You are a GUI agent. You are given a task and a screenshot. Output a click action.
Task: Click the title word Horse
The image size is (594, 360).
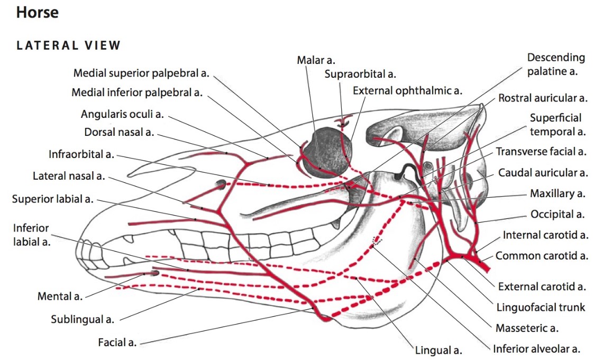tap(37, 13)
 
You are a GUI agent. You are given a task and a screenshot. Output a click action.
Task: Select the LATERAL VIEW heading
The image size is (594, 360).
tap(69, 45)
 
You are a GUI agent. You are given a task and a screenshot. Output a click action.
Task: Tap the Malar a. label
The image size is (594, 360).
tap(316, 61)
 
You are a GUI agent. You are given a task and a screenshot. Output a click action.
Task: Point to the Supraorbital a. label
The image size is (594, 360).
tap(360, 75)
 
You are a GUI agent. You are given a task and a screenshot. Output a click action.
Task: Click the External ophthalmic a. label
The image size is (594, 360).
tap(407, 90)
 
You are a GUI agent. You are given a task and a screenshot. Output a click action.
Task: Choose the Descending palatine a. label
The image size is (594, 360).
tap(556, 64)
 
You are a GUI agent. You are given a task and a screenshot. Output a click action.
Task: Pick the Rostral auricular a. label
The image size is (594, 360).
tap(543, 98)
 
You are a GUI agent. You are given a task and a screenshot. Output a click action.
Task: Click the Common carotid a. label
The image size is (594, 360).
tap(542, 256)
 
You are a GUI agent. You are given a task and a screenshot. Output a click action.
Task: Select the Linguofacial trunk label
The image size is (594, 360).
tap(541, 307)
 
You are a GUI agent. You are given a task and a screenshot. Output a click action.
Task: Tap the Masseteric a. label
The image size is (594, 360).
tap(527, 328)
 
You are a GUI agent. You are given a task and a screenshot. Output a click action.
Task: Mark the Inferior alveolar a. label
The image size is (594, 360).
tap(536, 349)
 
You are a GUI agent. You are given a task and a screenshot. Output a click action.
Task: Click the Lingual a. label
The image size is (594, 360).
tap(438, 350)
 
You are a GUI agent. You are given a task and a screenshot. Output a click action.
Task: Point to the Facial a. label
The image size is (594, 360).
tap(117, 343)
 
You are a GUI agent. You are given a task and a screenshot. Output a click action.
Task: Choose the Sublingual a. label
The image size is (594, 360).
tap(83, 319)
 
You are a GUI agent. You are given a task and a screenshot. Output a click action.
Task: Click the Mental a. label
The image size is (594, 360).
tap(60, 296)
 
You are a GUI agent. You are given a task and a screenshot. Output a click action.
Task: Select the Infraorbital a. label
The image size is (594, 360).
tap(81, 154)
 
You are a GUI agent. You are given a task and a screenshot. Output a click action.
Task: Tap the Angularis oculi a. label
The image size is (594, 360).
tap(122, 114)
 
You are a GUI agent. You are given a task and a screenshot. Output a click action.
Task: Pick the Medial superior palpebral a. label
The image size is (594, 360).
tap(141, 73)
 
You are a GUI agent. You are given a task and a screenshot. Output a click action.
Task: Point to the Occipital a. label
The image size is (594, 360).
tap(557, 214)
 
